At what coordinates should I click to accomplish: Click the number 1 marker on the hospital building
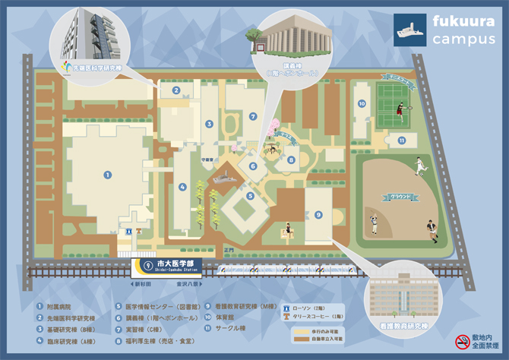pos(107,175)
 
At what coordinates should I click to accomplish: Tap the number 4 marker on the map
pos(182,186)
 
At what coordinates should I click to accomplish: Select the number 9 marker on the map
pos(319,215)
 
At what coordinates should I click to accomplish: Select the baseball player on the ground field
pos(374,225)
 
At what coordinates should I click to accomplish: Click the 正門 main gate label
pos(230,248)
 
